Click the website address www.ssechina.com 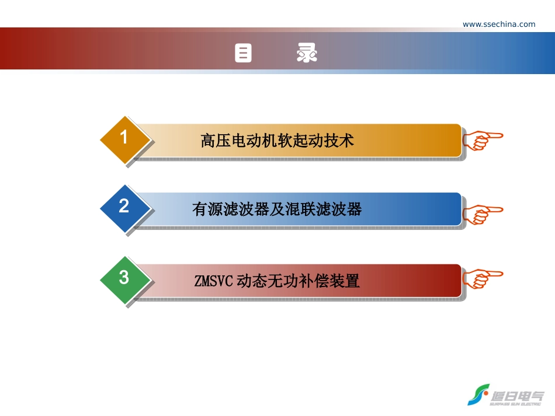[499, 24]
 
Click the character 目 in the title [243, 54]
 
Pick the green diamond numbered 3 [124, 277]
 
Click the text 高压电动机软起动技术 [277, 141]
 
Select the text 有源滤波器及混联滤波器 [277, 209]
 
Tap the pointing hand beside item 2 [482, 214]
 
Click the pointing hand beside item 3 [482, 278]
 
